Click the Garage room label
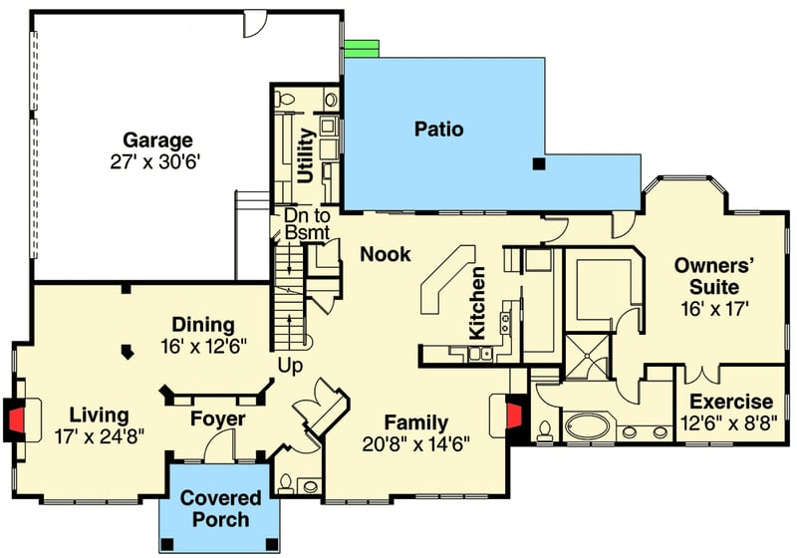[157, 139]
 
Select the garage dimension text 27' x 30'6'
[157, 161]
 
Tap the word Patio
[439, 129]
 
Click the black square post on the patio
[538, 163]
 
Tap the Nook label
[386, 254]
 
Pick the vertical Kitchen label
[477, 302]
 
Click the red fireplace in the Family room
[514, 419]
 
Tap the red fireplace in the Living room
[17, 418]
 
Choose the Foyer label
[218, 419]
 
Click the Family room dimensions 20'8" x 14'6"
[417, 443]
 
